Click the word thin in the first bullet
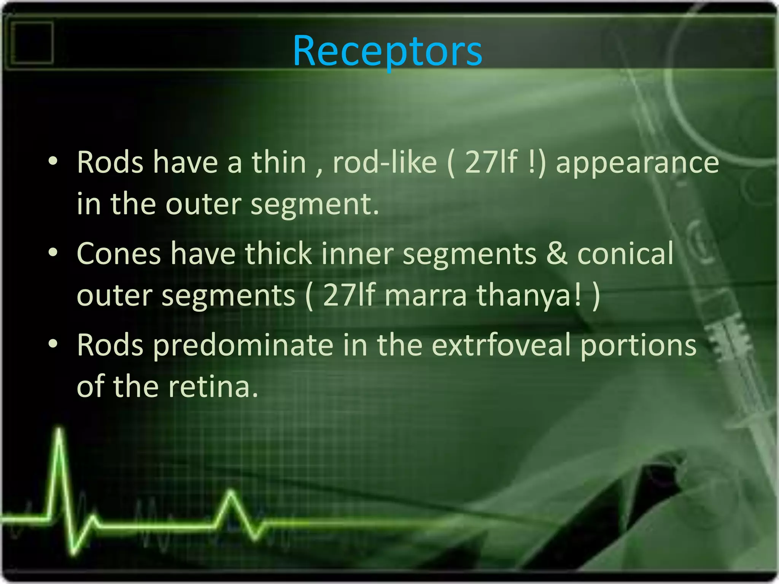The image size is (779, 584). (279, 162)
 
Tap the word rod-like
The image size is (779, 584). (385, 162)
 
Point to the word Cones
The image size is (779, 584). (119, 254)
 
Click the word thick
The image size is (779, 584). (278, 254)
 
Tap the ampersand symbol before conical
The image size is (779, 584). (557, 254)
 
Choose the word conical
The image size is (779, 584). (625, 254)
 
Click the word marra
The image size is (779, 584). (425, 295)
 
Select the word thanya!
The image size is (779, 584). (529, 295)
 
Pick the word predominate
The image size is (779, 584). (243, 345)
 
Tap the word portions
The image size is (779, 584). (638, 345)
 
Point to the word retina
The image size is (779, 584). (213, 386)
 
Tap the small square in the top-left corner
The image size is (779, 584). (32, 43)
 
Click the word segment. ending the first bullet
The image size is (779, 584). (315, 205)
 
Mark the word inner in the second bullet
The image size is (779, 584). (357, 254)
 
